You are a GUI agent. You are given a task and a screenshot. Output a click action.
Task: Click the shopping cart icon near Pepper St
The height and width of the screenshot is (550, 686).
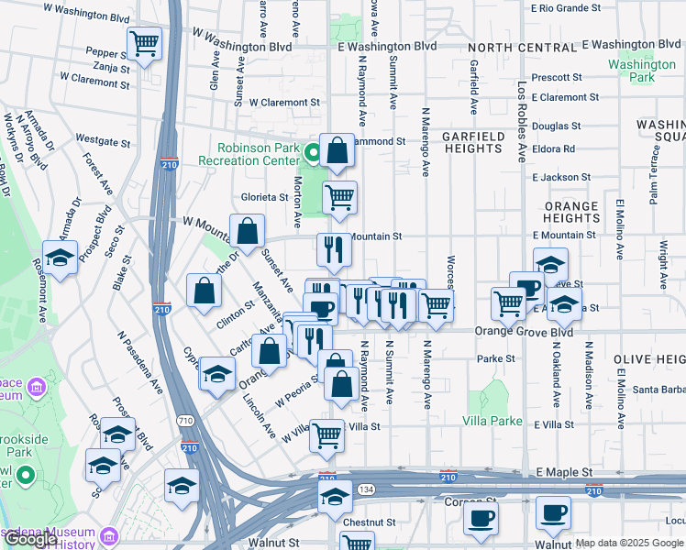(x=144, y=42)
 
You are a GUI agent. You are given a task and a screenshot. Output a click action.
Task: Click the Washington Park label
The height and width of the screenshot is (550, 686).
(x=642, y=71)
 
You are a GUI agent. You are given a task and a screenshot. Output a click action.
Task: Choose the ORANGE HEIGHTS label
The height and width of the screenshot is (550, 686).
(x=571, y=213)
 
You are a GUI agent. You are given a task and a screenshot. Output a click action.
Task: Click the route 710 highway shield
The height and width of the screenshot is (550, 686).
(x=186, y=421)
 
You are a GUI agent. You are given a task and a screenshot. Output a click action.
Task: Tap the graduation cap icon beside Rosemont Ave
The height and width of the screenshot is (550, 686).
(x=60, y=258)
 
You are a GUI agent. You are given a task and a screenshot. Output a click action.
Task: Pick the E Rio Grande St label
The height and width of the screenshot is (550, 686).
(x=566, y=8)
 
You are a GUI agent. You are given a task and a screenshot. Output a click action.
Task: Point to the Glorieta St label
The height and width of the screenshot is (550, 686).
(x=264, y=196)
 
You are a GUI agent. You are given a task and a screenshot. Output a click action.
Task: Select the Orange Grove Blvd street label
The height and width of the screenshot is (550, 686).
(x=523, y=332)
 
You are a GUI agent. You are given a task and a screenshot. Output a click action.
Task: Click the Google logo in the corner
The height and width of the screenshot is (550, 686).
(x=31, y=540)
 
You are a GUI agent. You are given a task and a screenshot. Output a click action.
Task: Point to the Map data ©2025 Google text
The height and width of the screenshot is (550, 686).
(x=629, y=543)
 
